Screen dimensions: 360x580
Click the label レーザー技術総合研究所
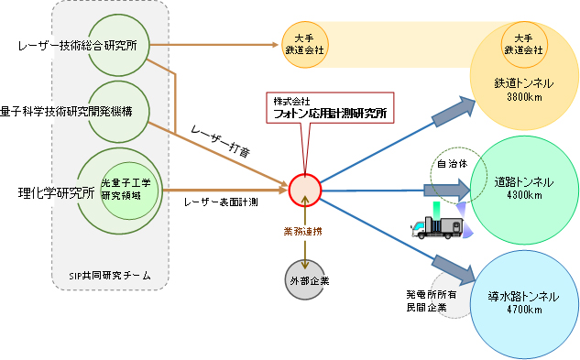78,46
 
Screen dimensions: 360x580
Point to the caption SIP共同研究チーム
110,276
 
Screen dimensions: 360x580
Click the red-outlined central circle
305,190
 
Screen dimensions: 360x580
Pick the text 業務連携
304,234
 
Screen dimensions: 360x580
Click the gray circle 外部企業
305,275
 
